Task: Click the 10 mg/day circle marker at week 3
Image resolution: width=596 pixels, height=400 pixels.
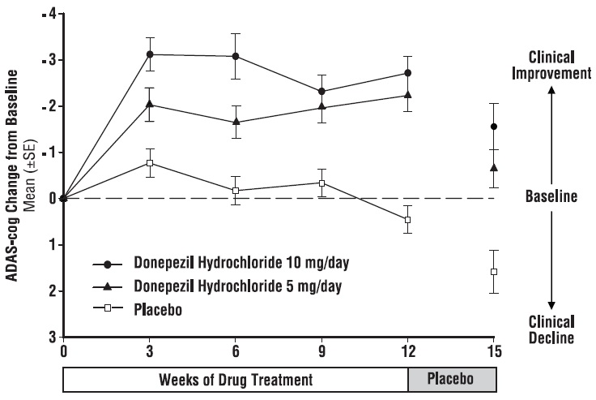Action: click(x=150, y=54)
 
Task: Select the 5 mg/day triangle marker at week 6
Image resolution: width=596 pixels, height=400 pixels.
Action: click(x=236, y=122)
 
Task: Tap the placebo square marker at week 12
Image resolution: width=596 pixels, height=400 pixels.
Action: click(x=407, y=220)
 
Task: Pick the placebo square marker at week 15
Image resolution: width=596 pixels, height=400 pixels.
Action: click(x=494, y=271)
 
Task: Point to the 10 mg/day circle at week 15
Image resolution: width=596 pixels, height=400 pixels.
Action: click(x=494, y=127)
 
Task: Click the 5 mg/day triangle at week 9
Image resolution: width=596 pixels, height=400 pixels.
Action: click(x=321, y=106)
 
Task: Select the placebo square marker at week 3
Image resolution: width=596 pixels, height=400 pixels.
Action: click(x=150, y=163)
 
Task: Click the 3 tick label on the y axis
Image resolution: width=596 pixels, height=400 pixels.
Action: click(x=53, y=336)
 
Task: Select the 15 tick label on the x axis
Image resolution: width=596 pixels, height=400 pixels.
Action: click(x=494, y=351)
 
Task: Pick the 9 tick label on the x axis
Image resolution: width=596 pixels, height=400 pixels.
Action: click(x=321, y=351)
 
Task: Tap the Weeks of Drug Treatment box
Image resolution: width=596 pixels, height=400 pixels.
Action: click(x=236, y=380)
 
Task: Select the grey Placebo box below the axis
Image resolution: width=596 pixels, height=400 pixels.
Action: click(x=451, y=380)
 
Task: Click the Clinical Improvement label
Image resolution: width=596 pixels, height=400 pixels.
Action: click(x=551, y=65)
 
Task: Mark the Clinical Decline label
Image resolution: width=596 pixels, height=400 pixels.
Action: click(x=551, y=329)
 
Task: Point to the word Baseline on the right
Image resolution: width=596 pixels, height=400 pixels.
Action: click(x=551, y=197)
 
